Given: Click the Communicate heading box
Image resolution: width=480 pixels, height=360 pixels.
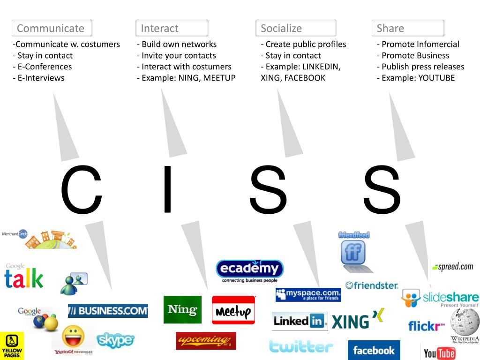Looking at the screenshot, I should point(52,28).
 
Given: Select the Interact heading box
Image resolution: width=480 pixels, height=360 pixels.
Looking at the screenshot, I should point(172,28).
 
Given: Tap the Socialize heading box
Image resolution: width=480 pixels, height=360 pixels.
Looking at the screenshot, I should point(296,28).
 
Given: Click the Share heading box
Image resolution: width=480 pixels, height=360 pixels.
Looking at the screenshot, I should point(407,28).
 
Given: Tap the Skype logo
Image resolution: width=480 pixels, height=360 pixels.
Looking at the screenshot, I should point(115,340).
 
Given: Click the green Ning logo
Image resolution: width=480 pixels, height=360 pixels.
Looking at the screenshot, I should point(182,309).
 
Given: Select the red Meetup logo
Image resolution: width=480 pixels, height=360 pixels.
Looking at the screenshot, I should point(233,310).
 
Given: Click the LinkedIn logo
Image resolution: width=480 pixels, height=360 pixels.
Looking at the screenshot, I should point(300,321).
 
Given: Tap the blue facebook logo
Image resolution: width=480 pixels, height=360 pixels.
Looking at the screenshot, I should point(374,350).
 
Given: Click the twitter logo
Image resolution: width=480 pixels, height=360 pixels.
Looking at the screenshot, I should point(301,347).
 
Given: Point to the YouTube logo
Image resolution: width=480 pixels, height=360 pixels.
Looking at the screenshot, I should point(439,352).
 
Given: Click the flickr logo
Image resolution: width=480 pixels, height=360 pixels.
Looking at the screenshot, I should point(426,326).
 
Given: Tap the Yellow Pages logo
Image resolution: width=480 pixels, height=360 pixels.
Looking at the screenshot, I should point(12,346).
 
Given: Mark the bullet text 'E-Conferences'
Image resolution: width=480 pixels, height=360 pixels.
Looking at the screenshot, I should point(42,67).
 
